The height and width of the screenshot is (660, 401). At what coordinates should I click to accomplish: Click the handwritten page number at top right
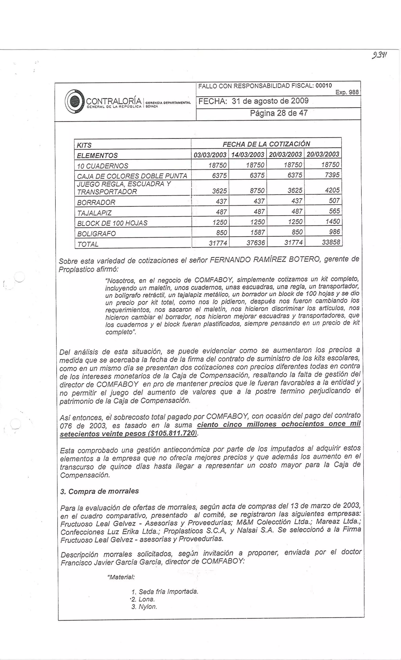(x=379, y=56)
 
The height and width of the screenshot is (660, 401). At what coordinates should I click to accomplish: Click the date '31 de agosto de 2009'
(x=270, y=101)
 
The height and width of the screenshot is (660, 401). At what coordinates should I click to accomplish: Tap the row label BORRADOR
(x=96, y=202)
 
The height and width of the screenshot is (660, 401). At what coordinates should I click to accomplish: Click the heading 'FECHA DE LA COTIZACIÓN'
(x=266, y=144)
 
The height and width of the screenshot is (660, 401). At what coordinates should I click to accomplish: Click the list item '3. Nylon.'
(x=144, y=607)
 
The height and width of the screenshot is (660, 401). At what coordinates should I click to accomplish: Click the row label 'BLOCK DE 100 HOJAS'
(x=112, y=223)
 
